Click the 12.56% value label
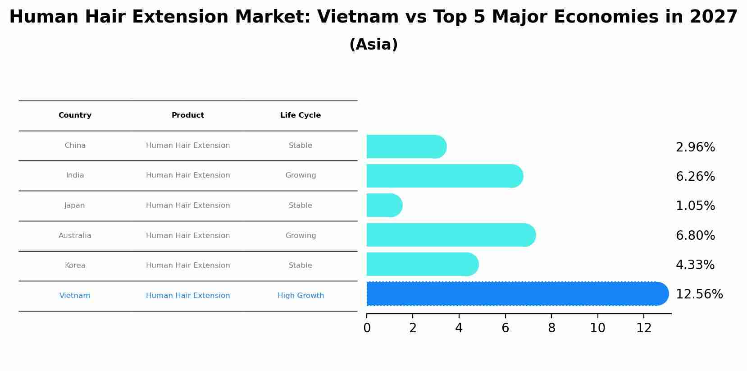699,294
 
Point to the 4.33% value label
695,265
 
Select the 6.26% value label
695,177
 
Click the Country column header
75,115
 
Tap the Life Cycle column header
301,115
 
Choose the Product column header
188,115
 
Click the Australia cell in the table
75,236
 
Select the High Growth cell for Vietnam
301,296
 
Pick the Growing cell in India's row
301,175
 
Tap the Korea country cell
75,266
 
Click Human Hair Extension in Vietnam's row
188,296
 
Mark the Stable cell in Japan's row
301,206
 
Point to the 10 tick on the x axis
597,328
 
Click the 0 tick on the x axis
367,328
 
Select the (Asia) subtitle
373,45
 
